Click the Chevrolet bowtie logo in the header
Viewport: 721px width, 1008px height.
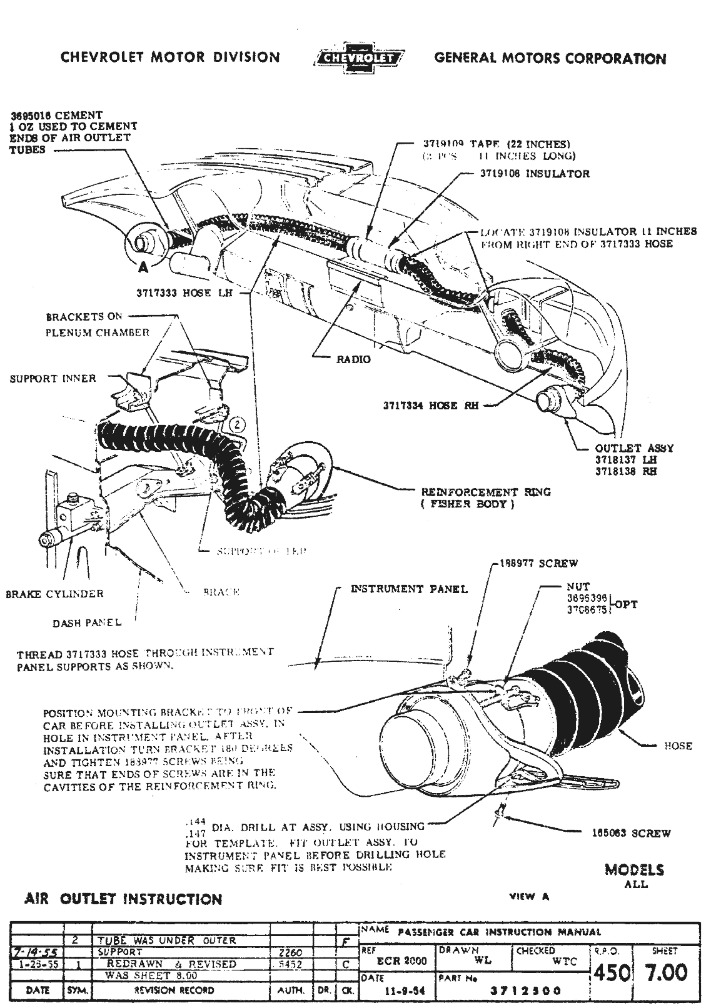[358, 57]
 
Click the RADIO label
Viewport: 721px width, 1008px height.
[354, 359]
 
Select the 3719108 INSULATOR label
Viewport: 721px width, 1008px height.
[535, 173]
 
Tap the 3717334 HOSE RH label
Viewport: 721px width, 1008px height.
[431, 406]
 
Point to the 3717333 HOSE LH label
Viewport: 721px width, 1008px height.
[174, 292]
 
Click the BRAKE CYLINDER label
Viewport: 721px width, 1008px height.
[54, 594]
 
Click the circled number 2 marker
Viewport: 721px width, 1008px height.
[237, 425]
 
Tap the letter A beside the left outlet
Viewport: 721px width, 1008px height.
[143, 267]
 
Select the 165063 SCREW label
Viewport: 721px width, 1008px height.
[631, 833]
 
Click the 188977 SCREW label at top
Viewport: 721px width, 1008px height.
[538, 563]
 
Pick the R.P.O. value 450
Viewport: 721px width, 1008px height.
[610, 972]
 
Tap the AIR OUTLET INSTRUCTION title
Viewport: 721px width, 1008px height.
[123, 899]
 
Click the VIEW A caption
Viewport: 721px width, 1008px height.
[530, 896]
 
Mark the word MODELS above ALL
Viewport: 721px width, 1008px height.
[635, 870]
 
